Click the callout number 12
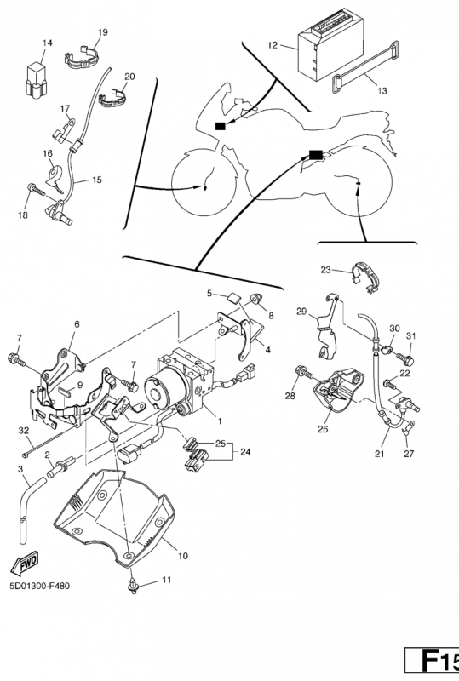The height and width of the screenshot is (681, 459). point(273,45)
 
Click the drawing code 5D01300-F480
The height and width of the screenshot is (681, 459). point(39,587)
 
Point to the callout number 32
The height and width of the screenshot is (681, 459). point(24,431)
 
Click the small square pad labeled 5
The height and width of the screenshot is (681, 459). point(233,297)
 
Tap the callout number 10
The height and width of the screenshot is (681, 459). point(183,556)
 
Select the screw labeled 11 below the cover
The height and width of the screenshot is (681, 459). point(133,587)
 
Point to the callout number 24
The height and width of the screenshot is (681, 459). point(245,452)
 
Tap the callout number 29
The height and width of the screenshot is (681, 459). point(301,312)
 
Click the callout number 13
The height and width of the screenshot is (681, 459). point(382,91)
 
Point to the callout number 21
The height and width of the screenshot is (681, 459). point(380,454)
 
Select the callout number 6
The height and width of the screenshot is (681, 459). point(77,324)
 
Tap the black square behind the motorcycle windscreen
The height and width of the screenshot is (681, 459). point(221,126)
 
